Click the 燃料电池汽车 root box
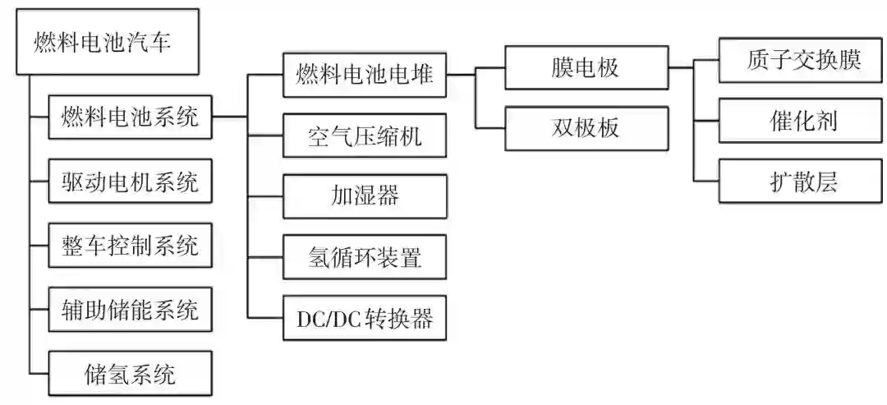(x=108, y=42)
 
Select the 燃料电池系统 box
(x=130, y=117)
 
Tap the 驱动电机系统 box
(x=130, y=181)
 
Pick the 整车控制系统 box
(x=130, y=245)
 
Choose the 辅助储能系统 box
(x=130, y=310)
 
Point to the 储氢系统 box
(x=130, y=374)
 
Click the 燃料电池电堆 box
(x=364, y=76)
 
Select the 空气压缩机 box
(x=364, y=136)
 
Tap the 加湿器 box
(x=364, y=196)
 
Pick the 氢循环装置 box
(x=364, y=257)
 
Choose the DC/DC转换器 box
(x=364, y=318)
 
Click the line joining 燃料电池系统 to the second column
(x=230, y=117)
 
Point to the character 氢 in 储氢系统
(x=118, y=375)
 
